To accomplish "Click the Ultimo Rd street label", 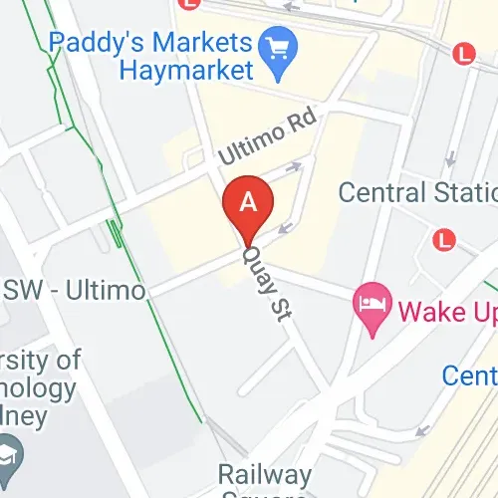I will tap(267, 135).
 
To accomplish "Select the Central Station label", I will tap(417, 192).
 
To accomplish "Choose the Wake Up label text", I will tap(446, 313).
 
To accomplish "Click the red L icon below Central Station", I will tap(444, 239).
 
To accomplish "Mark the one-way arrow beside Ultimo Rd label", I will tap(294, 167).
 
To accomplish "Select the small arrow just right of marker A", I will tap(285, 228).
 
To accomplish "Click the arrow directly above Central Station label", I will tap(451, 158).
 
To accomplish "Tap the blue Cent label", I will tap(469, 375).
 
